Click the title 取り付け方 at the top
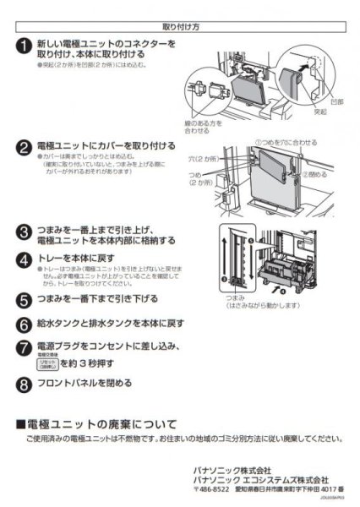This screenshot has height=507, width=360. coord(179,26)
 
